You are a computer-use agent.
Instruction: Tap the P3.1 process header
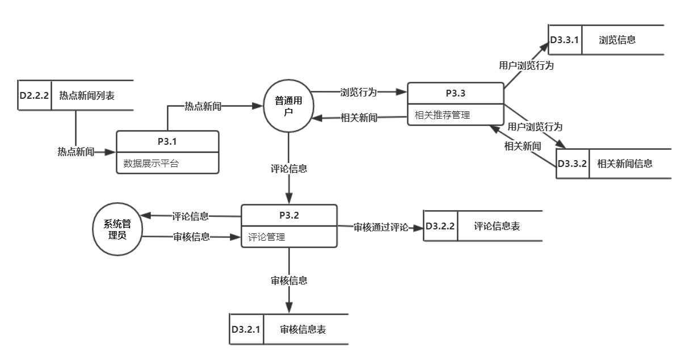[x=167, y=141]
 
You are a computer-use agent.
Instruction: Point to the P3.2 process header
[x=289, y=215]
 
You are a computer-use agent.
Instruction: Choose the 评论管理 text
[x=267, y=237]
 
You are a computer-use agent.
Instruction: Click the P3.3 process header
[x=456, y=93]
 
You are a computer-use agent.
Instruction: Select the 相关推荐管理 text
[x=443, y=115]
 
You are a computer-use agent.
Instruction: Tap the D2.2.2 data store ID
[x=34, y=95]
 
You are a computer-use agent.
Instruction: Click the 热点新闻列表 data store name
[x=87, y=95]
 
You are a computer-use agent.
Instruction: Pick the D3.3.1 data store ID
[x=565, y=40]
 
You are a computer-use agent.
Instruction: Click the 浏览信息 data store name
[x=617, y=40]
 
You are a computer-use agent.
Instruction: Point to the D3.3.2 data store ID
[x=573, y=164]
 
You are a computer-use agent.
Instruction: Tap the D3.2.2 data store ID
[x=440, y=226]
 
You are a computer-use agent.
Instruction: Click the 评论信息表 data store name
[x=497, y=226]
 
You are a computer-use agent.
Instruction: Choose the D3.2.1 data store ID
[x=246, y=329]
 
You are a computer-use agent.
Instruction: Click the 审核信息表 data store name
[x=303, y=329]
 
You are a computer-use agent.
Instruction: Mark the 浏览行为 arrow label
[x=358, y=91]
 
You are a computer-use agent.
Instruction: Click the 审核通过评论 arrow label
[x=381, y=227]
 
